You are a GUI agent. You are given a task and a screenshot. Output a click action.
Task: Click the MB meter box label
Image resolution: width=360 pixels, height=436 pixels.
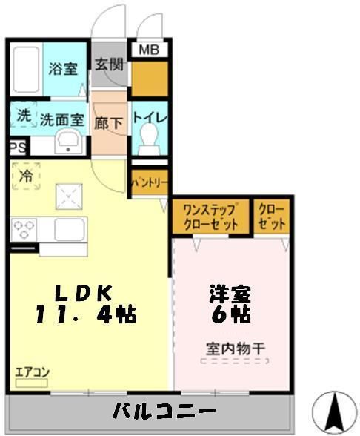[x=150, y=50]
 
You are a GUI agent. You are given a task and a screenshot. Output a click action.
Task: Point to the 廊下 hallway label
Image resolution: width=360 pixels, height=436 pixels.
[x=109, y=123]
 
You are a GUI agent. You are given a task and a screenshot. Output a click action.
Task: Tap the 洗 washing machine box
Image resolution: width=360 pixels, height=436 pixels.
[x=24, y=116]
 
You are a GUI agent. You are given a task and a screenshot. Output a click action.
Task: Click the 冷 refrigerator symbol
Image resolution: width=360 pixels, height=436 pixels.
[x=26, y=177]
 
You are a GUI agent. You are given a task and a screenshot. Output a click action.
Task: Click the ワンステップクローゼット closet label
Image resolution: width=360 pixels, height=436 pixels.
[x=210, y=217]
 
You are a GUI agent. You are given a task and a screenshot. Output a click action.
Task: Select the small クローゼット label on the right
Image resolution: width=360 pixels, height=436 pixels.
[x=272, y=217]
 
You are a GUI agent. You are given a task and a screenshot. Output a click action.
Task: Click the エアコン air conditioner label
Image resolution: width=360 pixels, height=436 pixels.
[x=30, y=372]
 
